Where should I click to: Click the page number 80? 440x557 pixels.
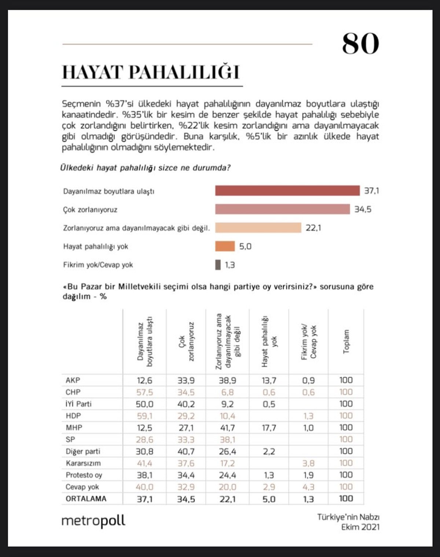[x=360, y=44]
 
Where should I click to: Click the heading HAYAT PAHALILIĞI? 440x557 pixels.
[x=151, y=72]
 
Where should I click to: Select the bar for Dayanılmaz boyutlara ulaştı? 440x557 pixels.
[x=287, y=191]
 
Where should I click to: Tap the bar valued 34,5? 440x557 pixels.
[x=282, y=209]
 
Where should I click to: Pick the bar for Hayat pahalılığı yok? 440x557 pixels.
[x=225, y=246]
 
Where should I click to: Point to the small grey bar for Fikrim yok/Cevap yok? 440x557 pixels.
[x=218, y=265]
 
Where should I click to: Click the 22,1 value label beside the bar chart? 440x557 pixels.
[x=313, y=228]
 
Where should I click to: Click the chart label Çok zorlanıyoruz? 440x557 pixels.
[x=90, y=210]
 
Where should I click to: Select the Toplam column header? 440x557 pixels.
[x=346, y=342]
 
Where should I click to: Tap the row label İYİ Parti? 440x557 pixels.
[x=78, y=404]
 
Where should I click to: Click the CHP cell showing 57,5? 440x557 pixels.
[x=144, y=392]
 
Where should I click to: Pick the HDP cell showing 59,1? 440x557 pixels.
[x=144, y=416]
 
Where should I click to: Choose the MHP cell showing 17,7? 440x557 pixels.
[x=269, y=428]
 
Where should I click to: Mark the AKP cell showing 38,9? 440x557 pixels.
[x=227, y=380]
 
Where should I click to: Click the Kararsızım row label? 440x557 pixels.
[x=83, y=463]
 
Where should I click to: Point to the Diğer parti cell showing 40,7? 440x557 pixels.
[x=186, y=451]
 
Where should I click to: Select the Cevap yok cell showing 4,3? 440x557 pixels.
[x=308, y=487]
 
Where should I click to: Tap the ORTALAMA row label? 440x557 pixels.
[x=86, y=499]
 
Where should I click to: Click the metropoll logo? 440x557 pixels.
[x=93, y=521]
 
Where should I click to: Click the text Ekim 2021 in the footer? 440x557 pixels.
[x=360, y=527]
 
